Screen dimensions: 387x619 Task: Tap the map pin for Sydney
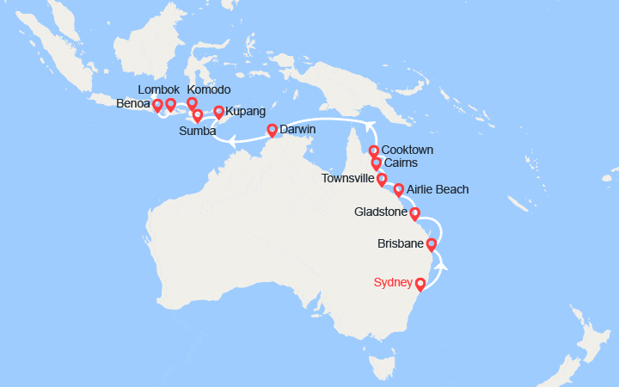pyautogui.click(x=420, y=285)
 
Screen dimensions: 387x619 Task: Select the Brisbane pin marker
pyautogui.click(x=432, y=245)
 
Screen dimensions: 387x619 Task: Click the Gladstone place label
pyautogui.click(x=380, y=212)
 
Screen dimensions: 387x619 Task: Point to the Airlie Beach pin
pyautogui.click(x=398, y=189)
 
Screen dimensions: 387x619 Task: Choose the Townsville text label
pyautogui.click(x=346, y=179)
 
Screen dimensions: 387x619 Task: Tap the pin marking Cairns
pyautogui.click(x=377, y=163)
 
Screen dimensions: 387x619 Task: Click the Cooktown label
pyautogui.click(x=408, y=150)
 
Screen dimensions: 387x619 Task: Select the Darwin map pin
pyautogui.click(x=272, y=131)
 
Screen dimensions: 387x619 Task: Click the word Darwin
pyautogui.click(x=298, y=129)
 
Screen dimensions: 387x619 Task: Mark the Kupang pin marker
pyautogui.click(x=218, y=112)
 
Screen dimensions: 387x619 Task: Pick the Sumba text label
pyautogui.click(x=196, y=132)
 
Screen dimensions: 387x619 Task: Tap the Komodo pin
pyautogui.click(x=193, y=103)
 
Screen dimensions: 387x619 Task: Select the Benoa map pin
pyautogui.click(x=157, y=106)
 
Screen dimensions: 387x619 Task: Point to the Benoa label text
pyautogui.click(x=132, y=105)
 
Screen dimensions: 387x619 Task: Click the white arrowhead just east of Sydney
pyautogui.click(x=442, y=266)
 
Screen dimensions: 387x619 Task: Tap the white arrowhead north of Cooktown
pyautogui.click(x=371, y=126)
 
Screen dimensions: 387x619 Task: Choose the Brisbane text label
pyautogui.click(x=401, y=244)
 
